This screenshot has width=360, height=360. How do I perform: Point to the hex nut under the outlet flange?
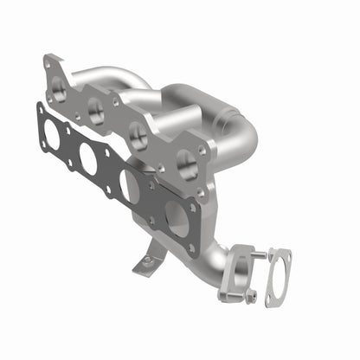click(250, 295)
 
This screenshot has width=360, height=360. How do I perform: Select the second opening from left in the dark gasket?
click(88, 157)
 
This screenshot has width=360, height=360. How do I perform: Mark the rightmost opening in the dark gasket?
click(177, 219)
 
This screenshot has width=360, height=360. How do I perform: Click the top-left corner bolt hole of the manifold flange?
click(48, 63)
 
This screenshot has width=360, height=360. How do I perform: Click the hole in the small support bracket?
click(147, 260)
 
